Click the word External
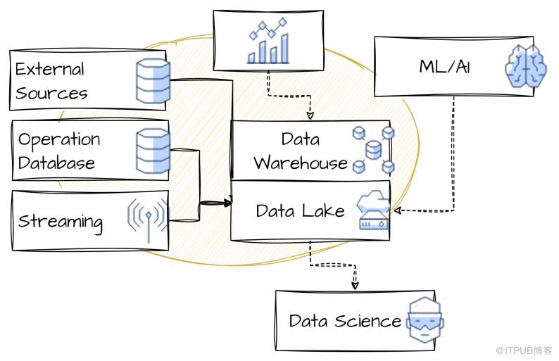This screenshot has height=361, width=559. tap(50, 69)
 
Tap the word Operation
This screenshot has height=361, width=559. tap(59, 139)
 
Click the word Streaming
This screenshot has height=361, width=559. tap(60, 221)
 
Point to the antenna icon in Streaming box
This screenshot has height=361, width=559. tap(147, 219)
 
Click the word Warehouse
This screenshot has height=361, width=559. tap(301, 163)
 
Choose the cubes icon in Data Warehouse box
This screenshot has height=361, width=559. tap(373, 149)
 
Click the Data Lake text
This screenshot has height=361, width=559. tap(301, 210)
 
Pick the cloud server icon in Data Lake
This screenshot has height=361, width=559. tap(373, 210)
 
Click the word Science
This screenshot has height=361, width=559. tap(368, 321)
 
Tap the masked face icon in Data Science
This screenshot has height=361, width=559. tap(425, 322)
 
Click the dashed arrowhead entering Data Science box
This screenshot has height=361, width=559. tap(355, 286)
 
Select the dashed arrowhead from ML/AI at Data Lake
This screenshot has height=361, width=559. tap(396, 210)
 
